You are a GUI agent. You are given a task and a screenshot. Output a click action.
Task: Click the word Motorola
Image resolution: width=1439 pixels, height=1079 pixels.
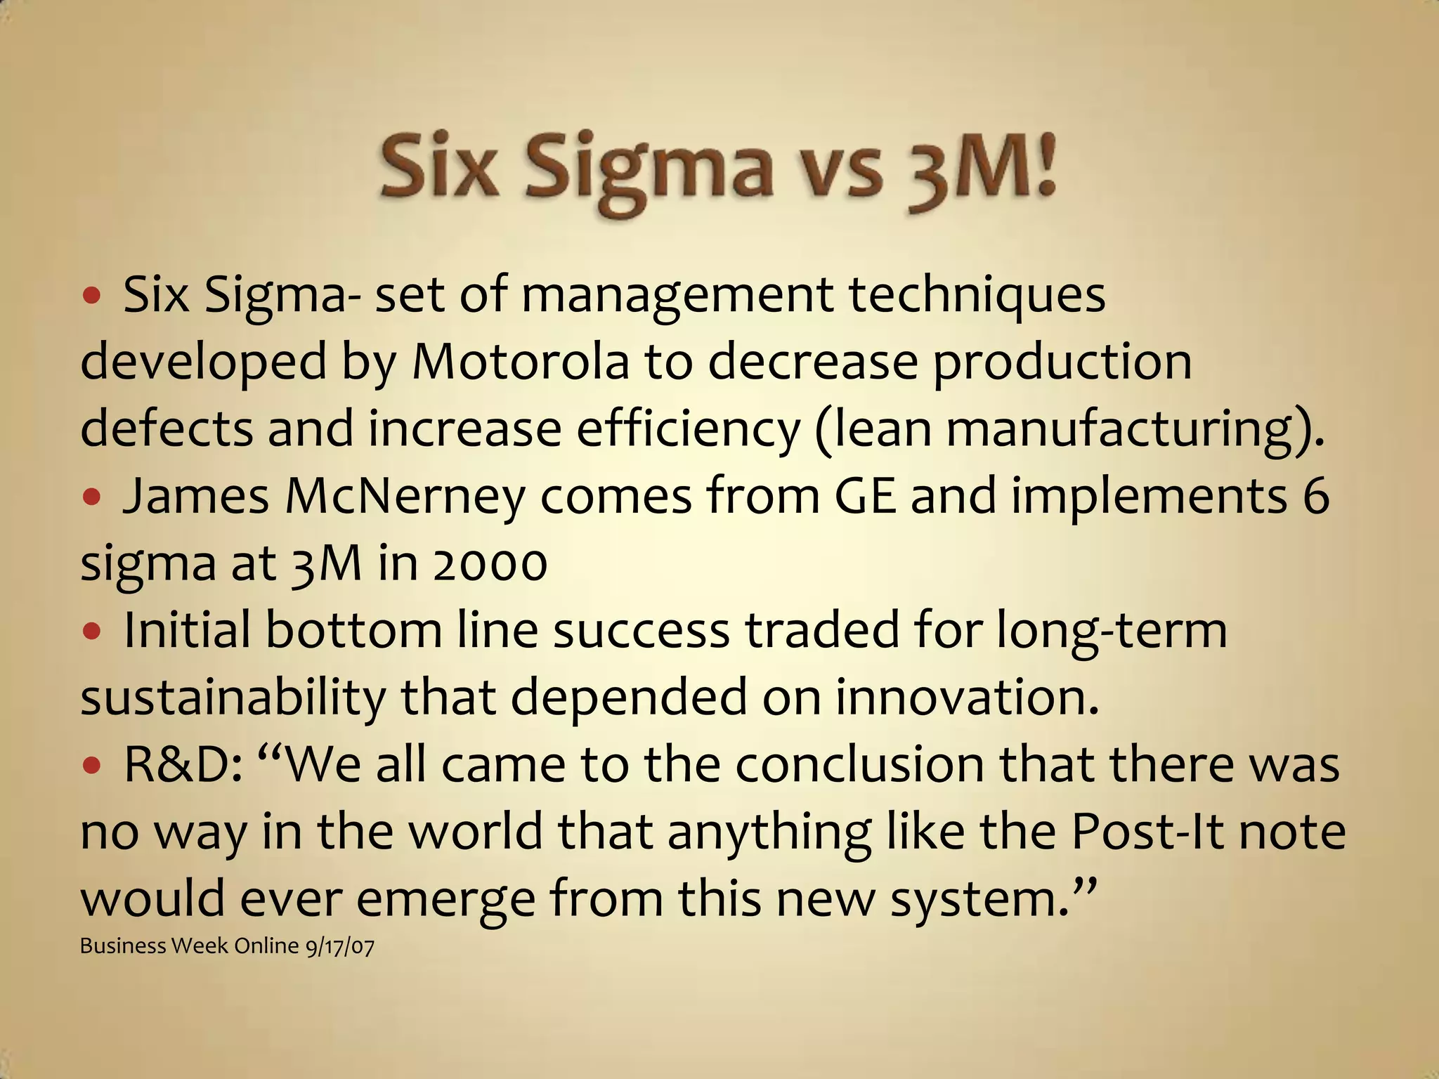(x=520, y=362)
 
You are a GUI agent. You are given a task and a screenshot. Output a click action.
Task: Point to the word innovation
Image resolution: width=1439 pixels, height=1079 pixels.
(x=967, y=698)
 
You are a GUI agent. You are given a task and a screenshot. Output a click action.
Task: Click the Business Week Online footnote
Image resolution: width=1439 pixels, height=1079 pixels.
(x=190, y=946)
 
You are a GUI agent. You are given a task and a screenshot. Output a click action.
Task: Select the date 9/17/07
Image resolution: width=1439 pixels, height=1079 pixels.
(x=340, y=947)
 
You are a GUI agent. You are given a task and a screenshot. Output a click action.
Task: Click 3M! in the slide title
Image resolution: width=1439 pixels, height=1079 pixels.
(x=981, y=169)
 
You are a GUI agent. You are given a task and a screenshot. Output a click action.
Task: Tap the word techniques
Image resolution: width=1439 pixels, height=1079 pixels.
(x=977, y=295)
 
